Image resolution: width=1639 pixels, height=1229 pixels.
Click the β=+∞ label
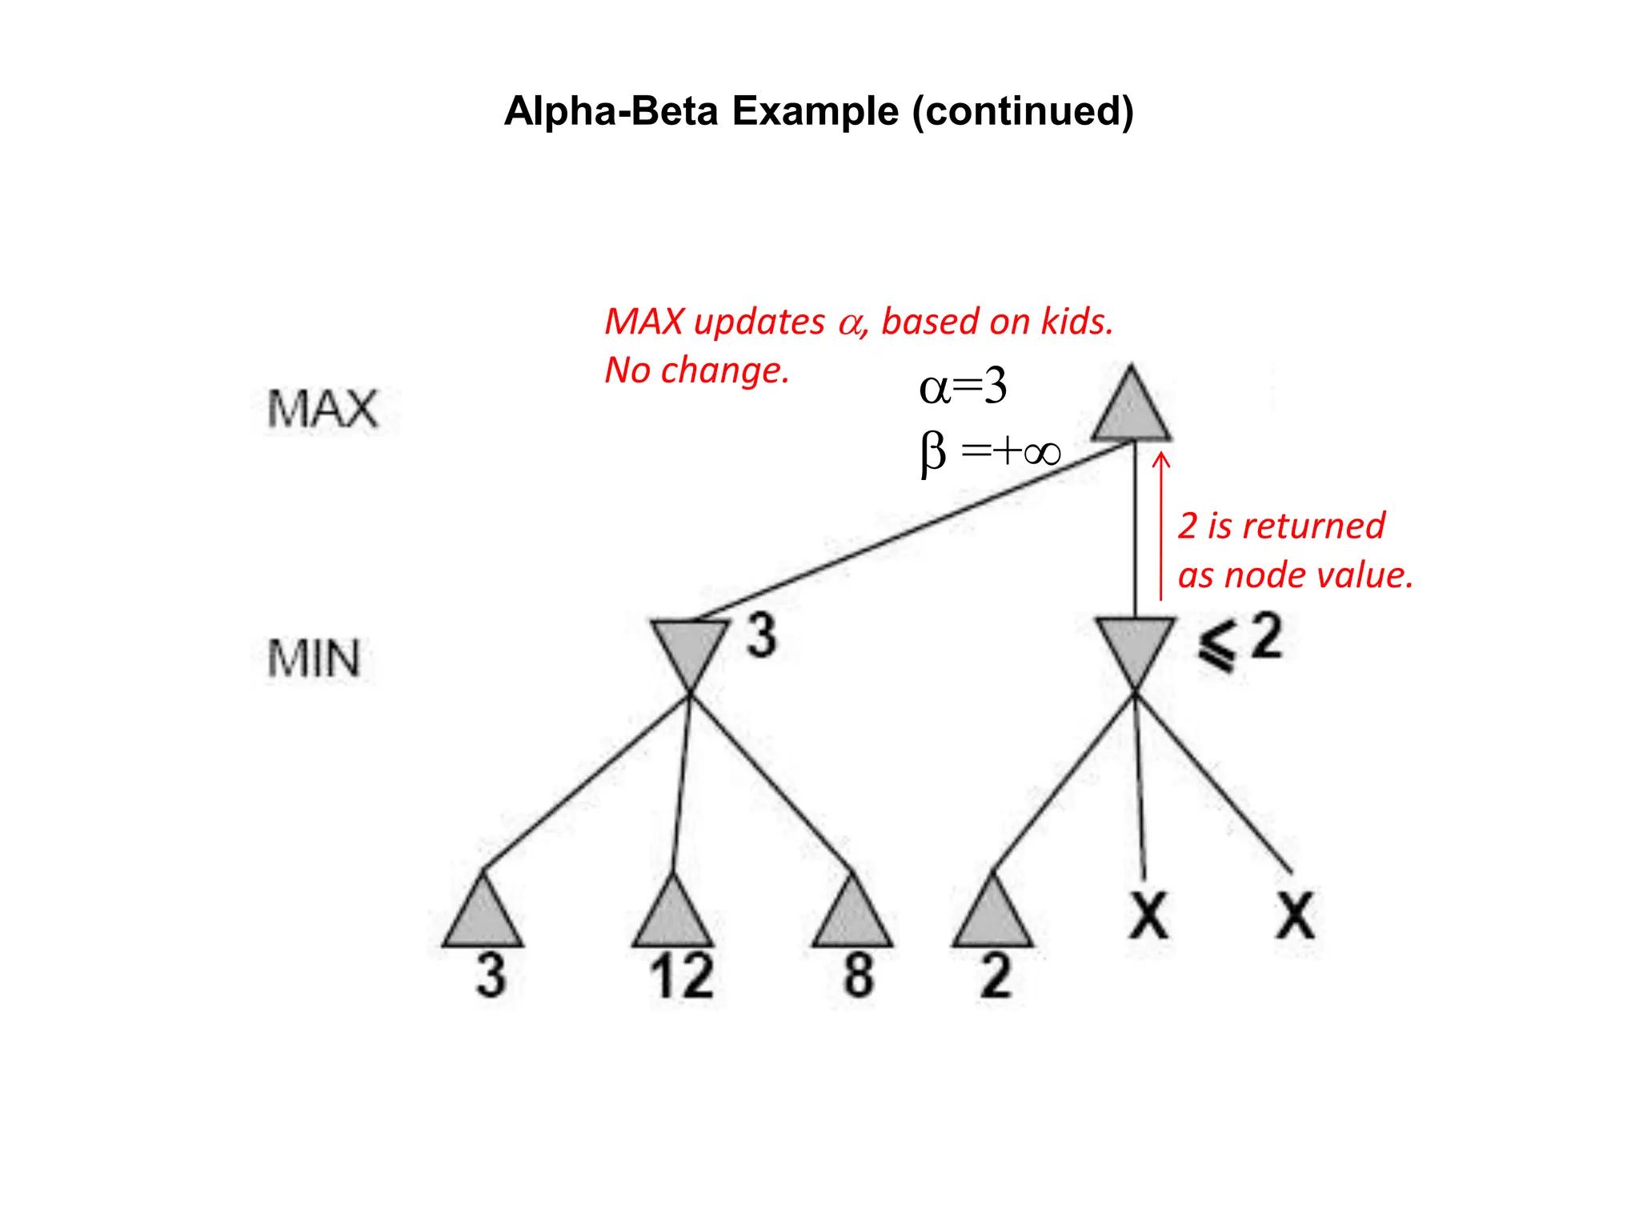click(990, 452)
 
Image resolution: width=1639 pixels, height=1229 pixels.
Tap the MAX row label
click(322, 409)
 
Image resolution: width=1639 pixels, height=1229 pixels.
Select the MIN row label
click(314, 659)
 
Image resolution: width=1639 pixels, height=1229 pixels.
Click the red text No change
click(696, 370)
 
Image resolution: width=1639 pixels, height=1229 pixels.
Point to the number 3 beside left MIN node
click(761, 637)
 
